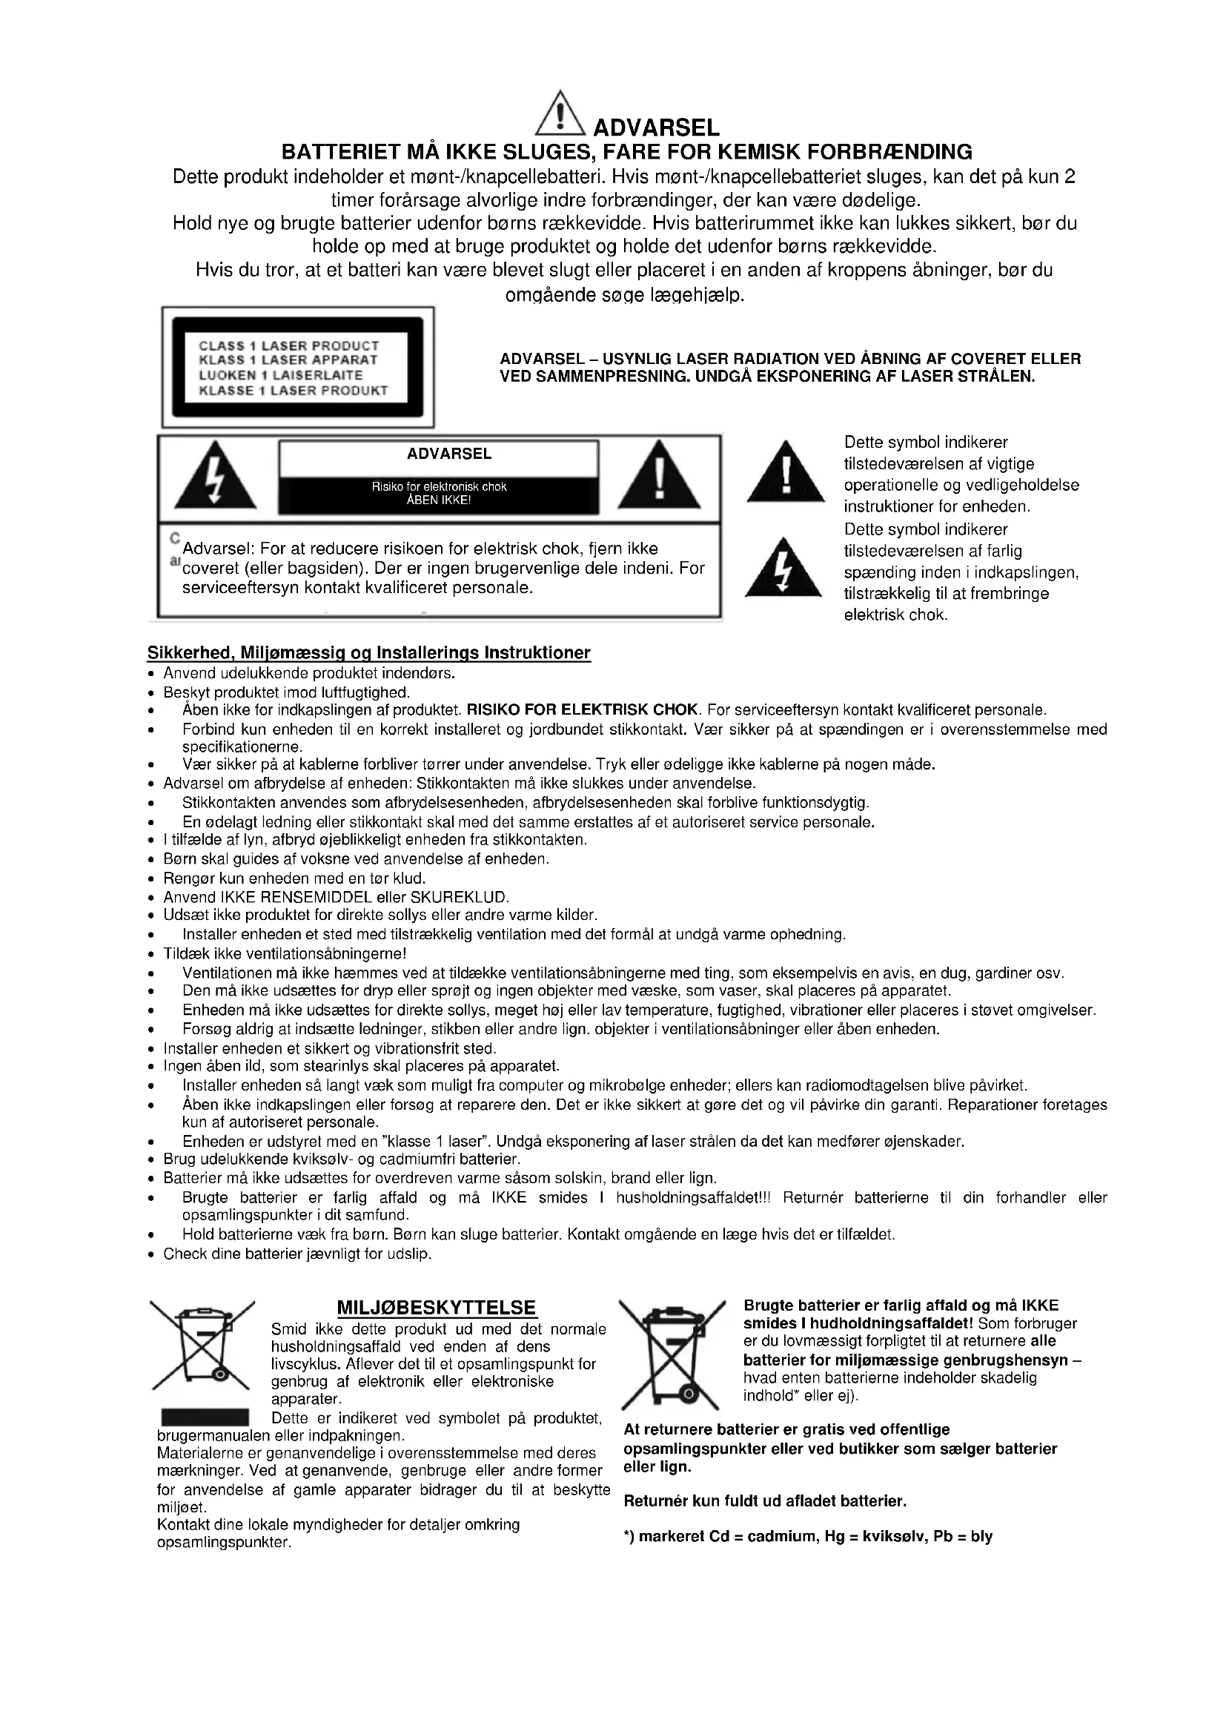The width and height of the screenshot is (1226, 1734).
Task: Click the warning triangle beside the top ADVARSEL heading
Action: click(559, 115)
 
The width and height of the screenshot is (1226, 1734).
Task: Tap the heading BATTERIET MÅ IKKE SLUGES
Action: click(626, 152)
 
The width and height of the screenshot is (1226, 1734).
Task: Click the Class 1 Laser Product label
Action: click(297, 368)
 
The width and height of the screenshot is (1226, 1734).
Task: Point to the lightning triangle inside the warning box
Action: click(215, 476)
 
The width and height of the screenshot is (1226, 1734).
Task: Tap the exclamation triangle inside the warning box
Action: click(658, 476)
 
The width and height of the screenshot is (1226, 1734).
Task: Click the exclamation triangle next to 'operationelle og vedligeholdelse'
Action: click(785, 474)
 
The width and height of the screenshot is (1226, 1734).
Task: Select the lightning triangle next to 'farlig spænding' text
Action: click(783, 569)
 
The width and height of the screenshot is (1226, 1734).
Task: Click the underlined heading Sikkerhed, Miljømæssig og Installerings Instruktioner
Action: click(368, 652)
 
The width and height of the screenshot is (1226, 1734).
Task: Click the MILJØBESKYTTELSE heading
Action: click(437, 1308)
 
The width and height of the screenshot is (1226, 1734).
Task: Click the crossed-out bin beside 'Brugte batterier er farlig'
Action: click(672, 1354)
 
